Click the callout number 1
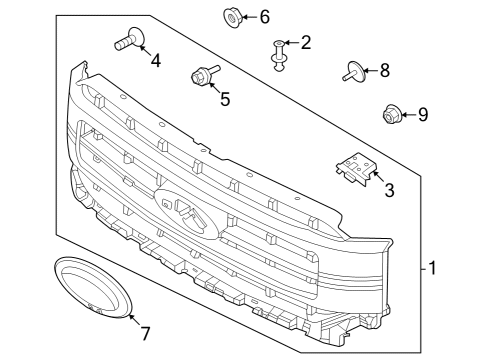432,268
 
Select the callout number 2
305,42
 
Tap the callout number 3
389,188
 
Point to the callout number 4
155,61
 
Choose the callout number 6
264,17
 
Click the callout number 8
384,70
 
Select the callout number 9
422,115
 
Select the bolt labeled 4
127,41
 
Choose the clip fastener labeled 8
350,71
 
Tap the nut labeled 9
392,115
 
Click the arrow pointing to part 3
378,178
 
